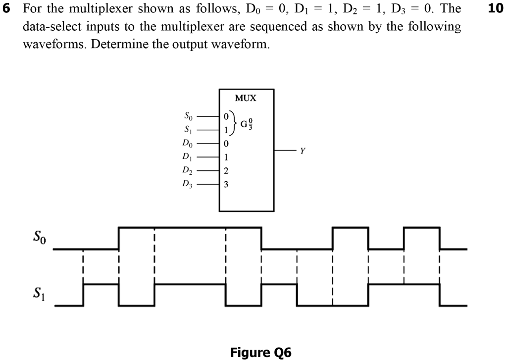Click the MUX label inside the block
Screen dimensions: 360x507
tap(246, 98)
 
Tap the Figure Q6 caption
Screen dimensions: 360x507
tap(261, 352)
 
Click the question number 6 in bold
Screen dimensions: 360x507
tap(6, 9)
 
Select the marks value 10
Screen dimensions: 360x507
tap(496, 9)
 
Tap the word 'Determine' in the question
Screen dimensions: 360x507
tap(113, 44)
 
